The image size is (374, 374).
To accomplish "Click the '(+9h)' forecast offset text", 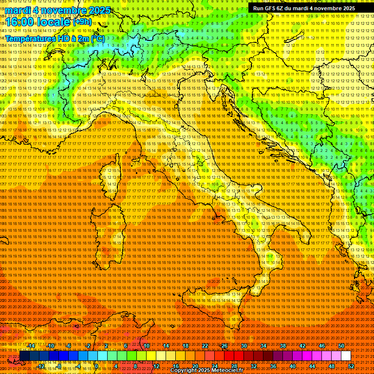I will [81, 21].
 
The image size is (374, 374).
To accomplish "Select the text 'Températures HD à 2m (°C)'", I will [55, 38].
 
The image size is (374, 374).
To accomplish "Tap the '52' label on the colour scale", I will [352, 366].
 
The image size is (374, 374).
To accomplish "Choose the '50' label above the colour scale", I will [341, 346].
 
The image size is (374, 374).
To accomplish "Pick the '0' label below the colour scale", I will [97, 366].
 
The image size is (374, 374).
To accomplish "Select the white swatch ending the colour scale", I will [346, 356].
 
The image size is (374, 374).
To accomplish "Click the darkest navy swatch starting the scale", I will [24, 356].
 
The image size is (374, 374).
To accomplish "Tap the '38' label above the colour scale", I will [283, 346].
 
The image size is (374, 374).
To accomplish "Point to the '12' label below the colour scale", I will [156, 366].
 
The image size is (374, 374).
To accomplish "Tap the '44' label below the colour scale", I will [313, 366].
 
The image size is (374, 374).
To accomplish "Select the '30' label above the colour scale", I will [244, 346].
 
